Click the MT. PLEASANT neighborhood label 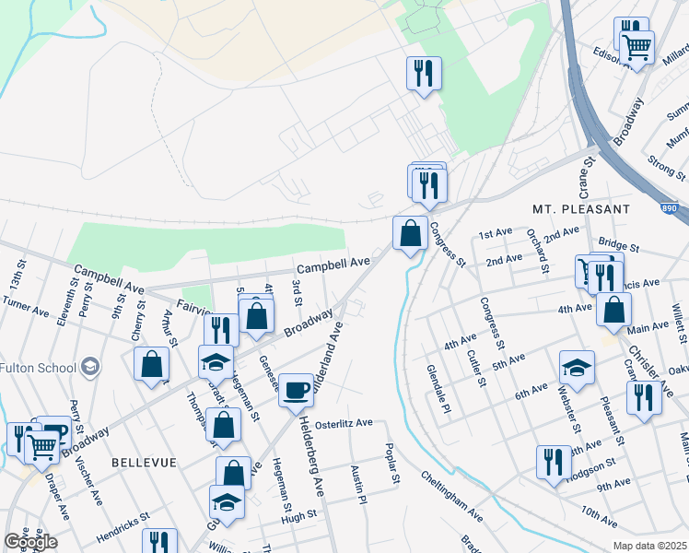tap(581, 209)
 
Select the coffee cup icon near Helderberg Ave tap(296, 390)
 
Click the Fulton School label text tap(38, 368)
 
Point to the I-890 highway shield tap(680, 210)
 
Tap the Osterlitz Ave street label tap(343, 424)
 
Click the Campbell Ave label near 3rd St tap(333, 264)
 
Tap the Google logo tap(30, 541)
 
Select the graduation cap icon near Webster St tap(577, 368)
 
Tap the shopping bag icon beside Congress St tap(410, 233)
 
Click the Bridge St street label tap(618, 245)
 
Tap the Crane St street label tap(583, 176)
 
